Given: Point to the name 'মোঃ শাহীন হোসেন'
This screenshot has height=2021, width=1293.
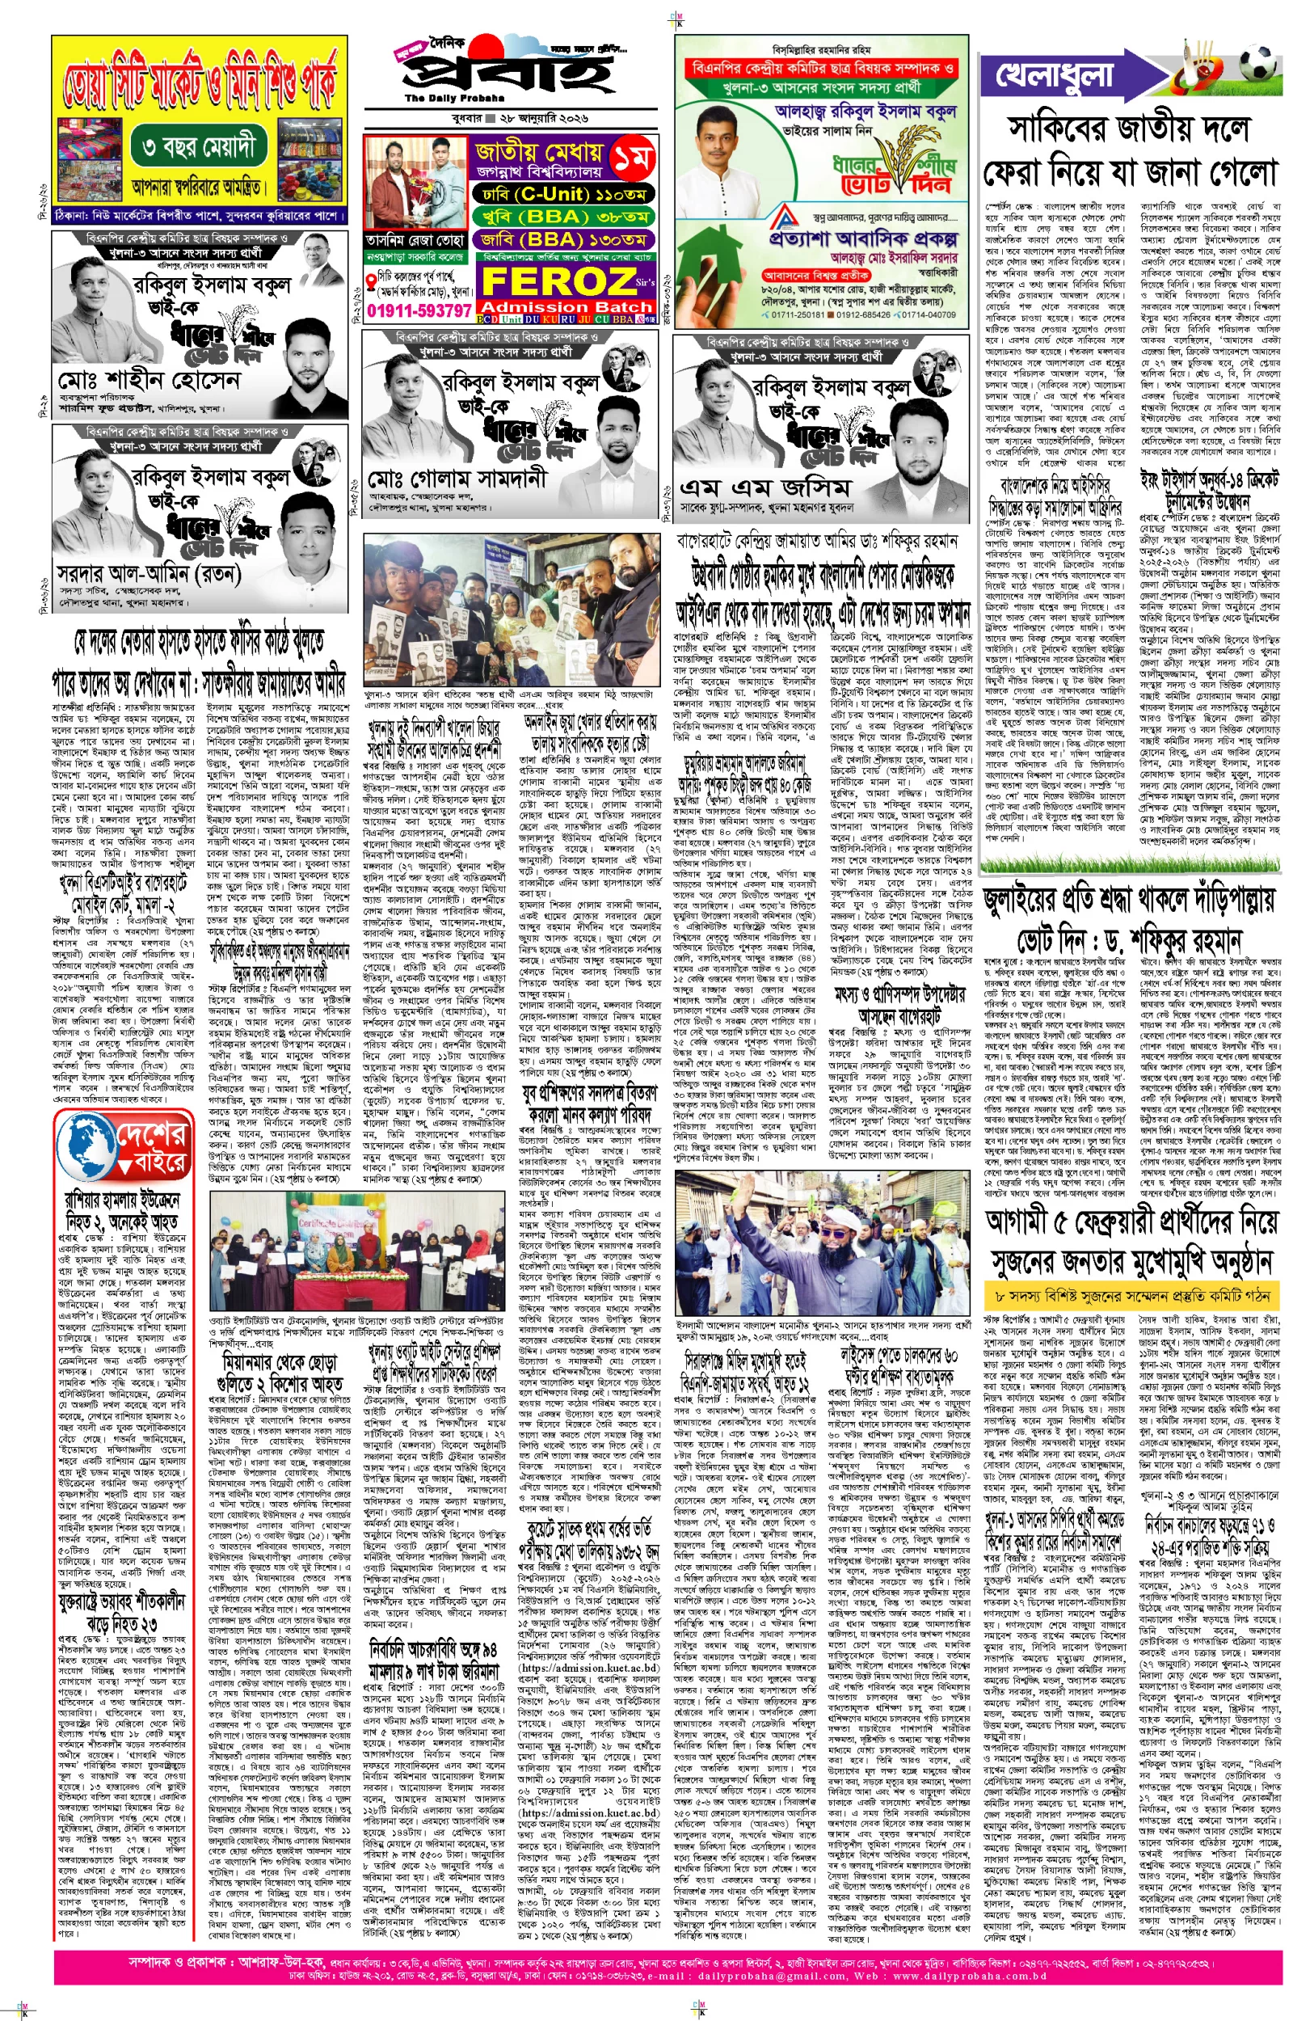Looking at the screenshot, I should [x=149, y=382].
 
